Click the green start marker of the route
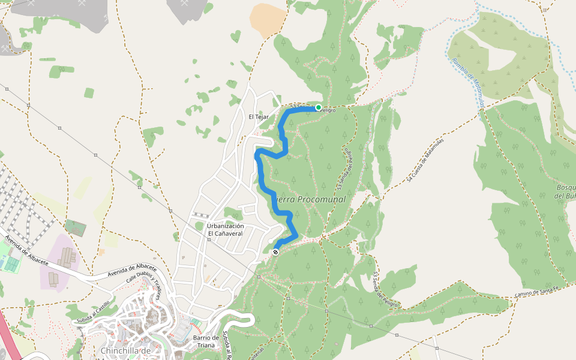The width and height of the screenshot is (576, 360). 319,107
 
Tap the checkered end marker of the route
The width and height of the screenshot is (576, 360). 275,252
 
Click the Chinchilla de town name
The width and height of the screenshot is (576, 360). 125,350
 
